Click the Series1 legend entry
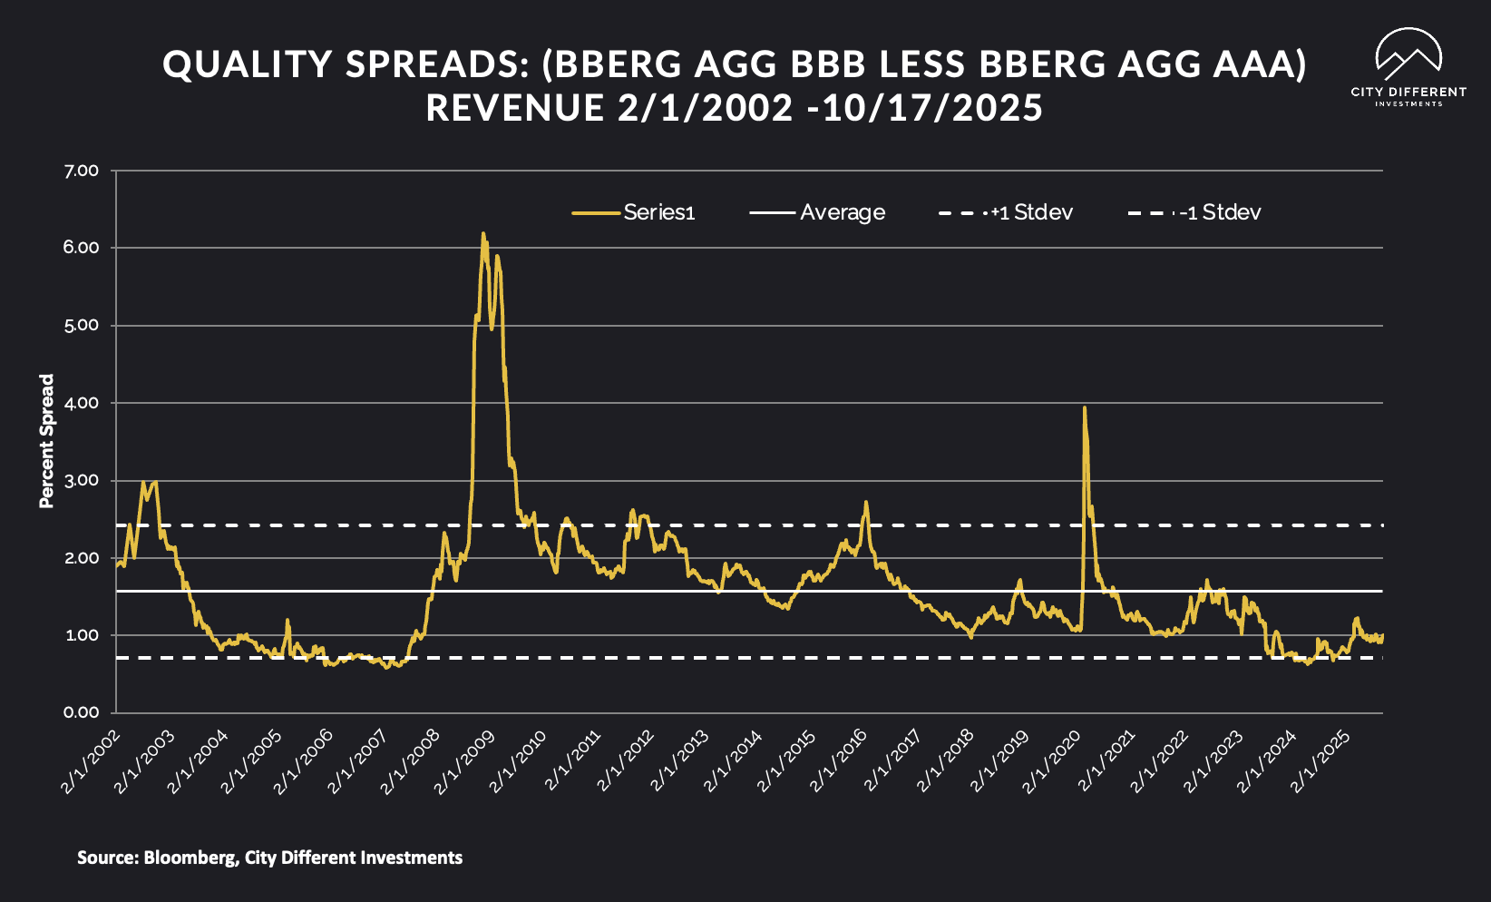point(634,212)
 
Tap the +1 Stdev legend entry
point(1006,212)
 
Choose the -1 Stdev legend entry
point(1195,212)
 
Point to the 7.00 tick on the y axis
point(82,171)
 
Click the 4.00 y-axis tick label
point(82,403)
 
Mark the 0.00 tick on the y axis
point(82,712)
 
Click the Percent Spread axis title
point(47,441)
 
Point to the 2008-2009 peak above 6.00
point(483,234)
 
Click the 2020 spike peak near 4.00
point(1085,408)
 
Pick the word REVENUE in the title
point(515,108)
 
